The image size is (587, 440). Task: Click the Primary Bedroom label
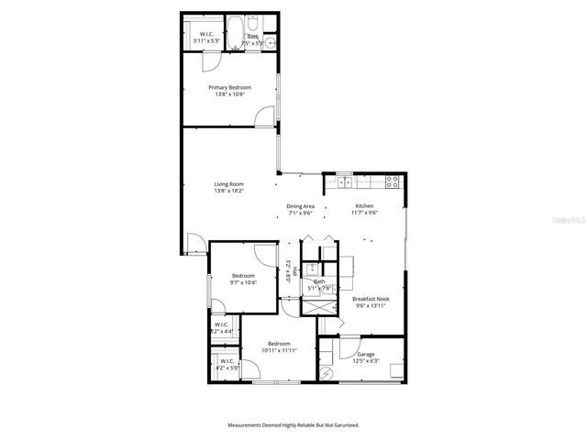coord(229,88)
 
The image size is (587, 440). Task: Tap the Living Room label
coord(228,184)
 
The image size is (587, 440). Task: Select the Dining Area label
coord(300,206)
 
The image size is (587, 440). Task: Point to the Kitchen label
coord(365,206)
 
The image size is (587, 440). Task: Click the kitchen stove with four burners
coord(393,181)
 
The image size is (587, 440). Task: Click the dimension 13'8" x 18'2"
coord(228,191)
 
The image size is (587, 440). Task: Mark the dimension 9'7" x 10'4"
coord(243,282)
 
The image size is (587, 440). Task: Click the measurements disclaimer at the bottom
coord(293,424)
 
